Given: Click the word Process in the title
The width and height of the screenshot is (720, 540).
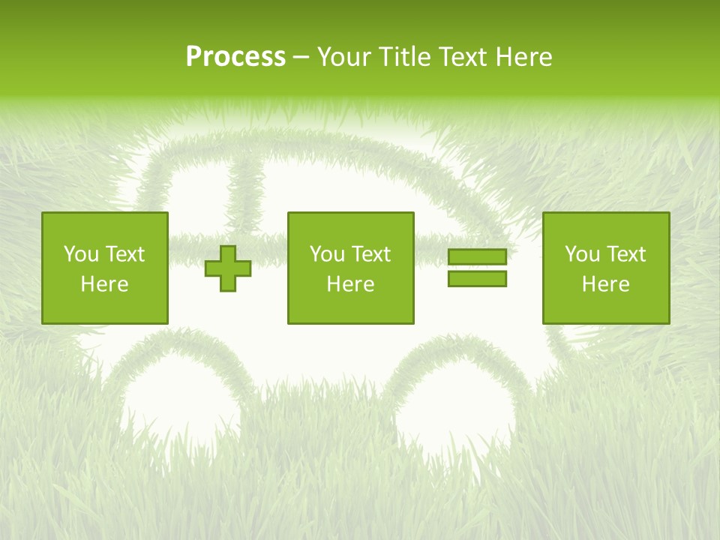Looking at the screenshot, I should point(235,57).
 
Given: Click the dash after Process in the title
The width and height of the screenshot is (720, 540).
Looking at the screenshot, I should point(301,58).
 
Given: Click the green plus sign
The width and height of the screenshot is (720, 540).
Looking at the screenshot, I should point(228,268).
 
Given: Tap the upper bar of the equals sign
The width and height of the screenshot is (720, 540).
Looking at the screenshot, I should point(477,257).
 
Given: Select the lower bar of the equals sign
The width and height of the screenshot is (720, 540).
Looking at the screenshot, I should point(477,278).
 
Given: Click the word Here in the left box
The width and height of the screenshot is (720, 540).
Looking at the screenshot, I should point(104,284).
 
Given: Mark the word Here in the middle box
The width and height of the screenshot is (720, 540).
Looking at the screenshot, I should point(350,284).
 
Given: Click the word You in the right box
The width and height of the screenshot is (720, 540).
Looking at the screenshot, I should point(582,254).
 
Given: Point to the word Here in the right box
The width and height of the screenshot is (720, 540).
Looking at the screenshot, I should point(605,284).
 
